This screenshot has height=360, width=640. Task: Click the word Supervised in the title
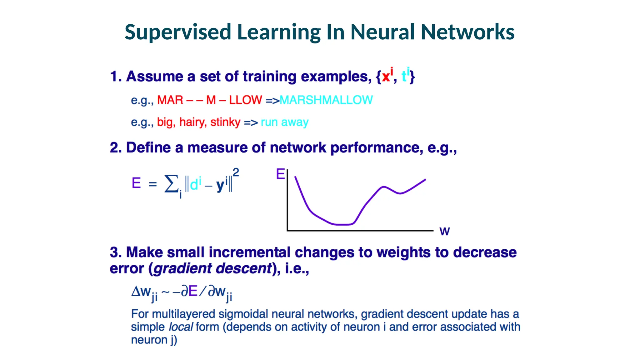coord(177,32)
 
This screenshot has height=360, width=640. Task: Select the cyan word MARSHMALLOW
coord(326,100)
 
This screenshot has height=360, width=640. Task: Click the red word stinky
coord(225,122)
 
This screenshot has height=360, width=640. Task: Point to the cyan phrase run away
coord(284,122)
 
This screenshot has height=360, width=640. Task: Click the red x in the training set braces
coord(386,76)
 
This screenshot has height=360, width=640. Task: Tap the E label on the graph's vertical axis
coord(280,174)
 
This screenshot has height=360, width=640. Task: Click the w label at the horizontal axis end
coord(444,232)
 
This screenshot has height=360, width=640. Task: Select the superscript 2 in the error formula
coord(236,172)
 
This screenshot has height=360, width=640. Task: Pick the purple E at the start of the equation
coord(136,183)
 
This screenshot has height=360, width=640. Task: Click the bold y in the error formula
coord(220,185)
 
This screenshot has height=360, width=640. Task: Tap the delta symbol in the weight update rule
coord(136,292)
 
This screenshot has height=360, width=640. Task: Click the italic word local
coord(181,327)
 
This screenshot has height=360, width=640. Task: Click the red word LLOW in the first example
coord(245,100)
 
